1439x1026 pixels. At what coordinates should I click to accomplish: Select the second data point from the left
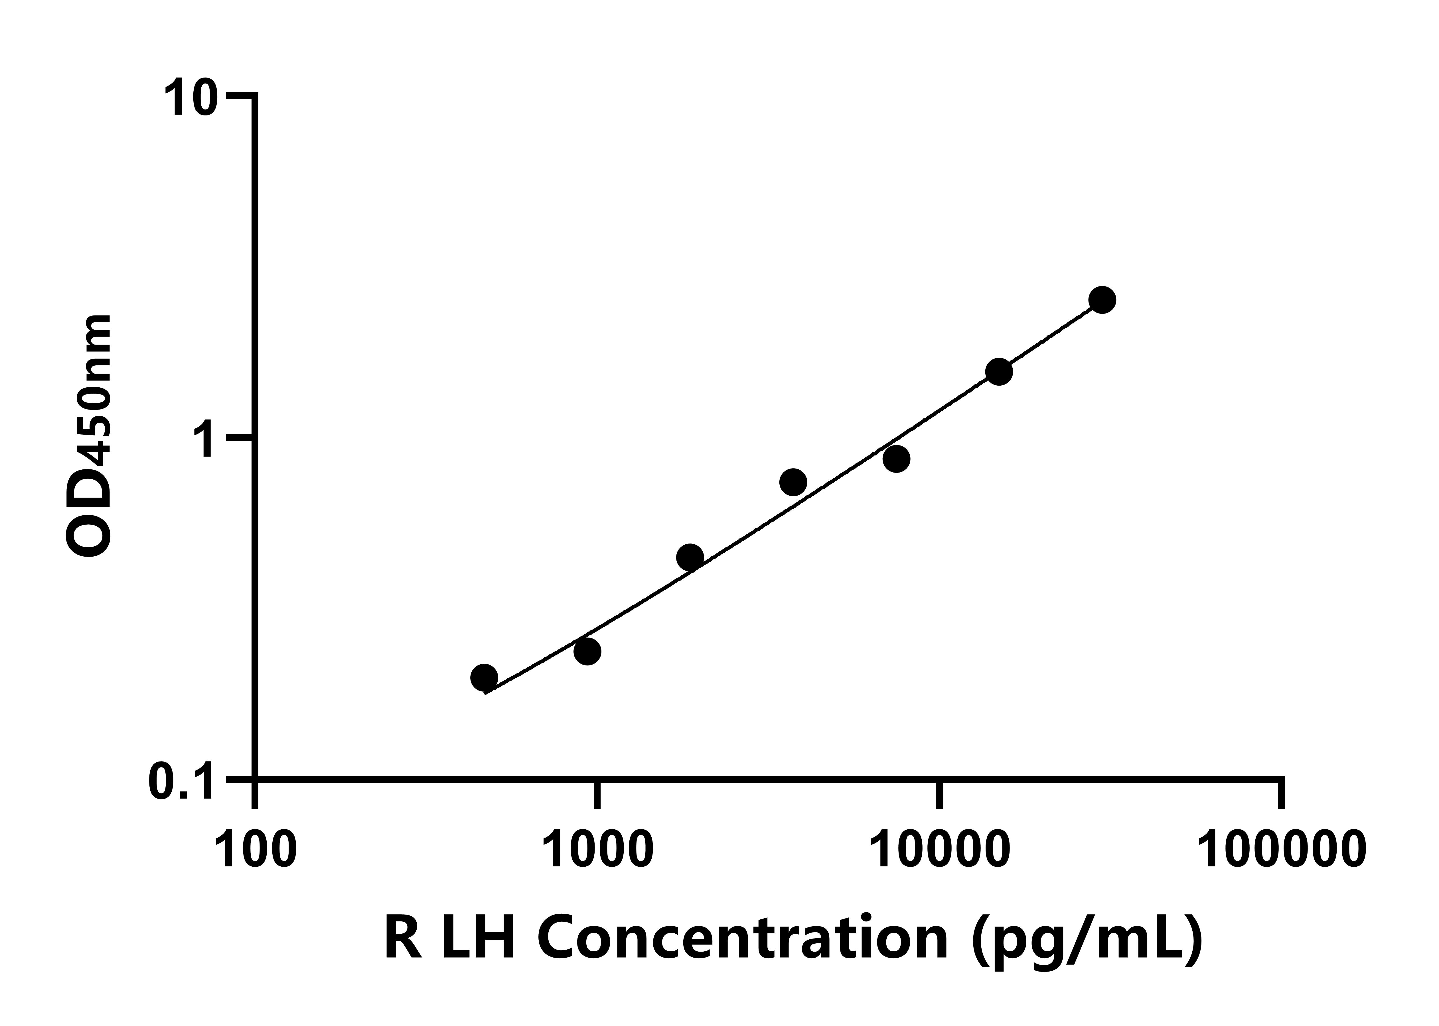tap(587, 651)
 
